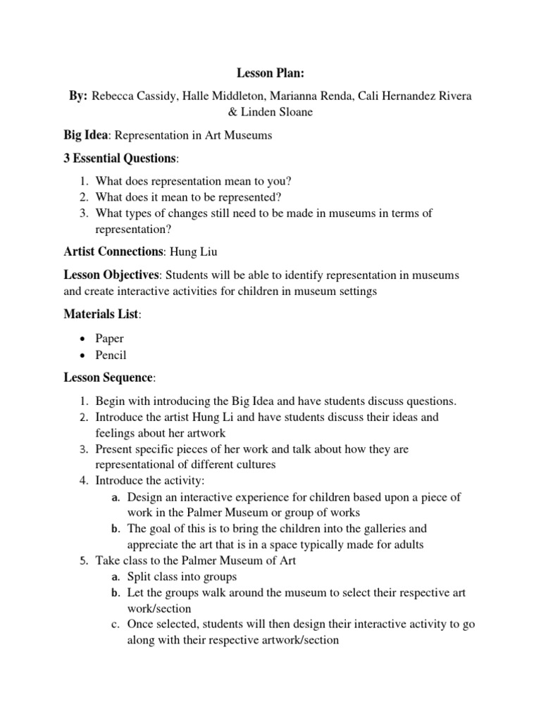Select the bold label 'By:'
pos(77,95)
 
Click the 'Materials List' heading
pos(101,315)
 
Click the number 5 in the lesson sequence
pos(82,560)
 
